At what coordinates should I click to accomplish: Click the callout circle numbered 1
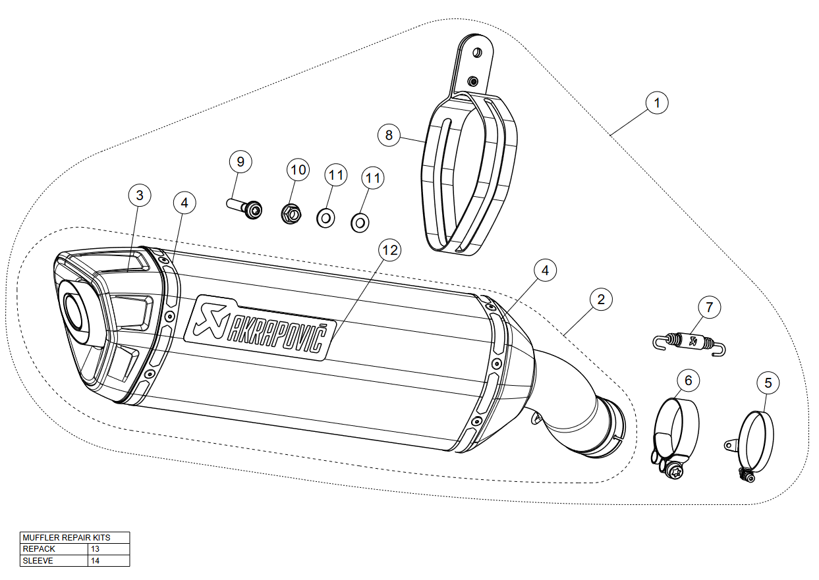pyautogui.click(x=657, y=103)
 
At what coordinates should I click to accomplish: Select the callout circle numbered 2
pyautogui.click(x=600, y=300)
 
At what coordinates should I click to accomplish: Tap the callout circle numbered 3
pyautogui.click(x=140, y=195)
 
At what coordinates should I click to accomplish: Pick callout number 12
pyautogui.click(x=389, y=250)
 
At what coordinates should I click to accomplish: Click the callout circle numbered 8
pyautogui.click(x=389, y=135)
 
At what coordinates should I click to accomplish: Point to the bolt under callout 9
pyautogui.click(x=244, y=208)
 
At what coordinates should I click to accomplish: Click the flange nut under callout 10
pyautogui.click(x=291, y=213)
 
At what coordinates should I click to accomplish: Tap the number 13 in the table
pyautogui.click(x=96, y=549)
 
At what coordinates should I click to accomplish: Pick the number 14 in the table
pyautogui.click(x=96, y=561)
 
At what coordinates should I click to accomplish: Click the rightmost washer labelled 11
pyautogui.click(x=359, y=223)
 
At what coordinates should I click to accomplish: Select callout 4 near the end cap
pyautogui.click(x=184, y=203)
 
